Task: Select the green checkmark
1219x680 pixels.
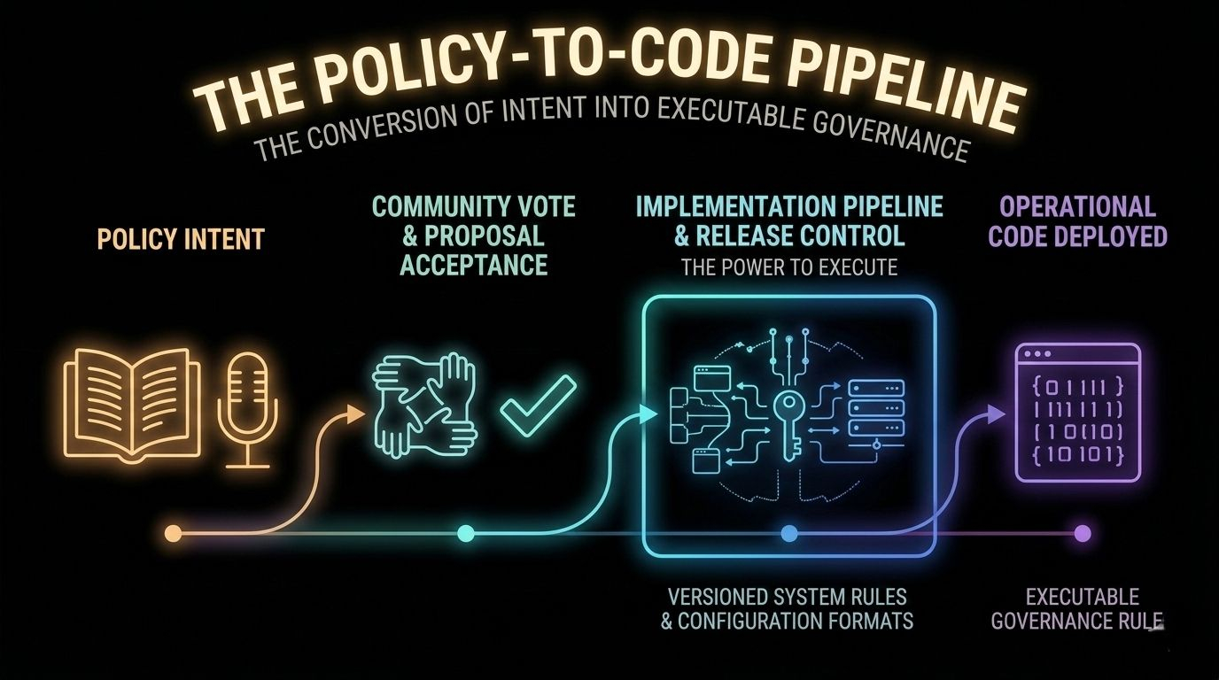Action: coord(539,404)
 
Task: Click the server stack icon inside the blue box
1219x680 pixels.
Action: coord(875,409)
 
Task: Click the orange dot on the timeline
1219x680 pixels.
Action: coord(174,533)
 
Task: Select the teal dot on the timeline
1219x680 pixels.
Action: coord(467,533)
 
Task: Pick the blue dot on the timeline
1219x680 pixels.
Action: coord(789,533)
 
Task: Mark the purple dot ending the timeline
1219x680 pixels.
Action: coord(1082,533)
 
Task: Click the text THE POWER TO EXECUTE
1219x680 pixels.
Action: coord(788,267)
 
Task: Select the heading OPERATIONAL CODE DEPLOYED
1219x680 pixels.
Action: coord(1077,221)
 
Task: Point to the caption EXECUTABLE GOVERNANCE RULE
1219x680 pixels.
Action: coord(1077,608)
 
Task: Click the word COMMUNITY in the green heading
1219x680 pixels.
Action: coord(434,206)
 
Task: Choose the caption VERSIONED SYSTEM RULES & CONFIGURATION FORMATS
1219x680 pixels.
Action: coord(787,607)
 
